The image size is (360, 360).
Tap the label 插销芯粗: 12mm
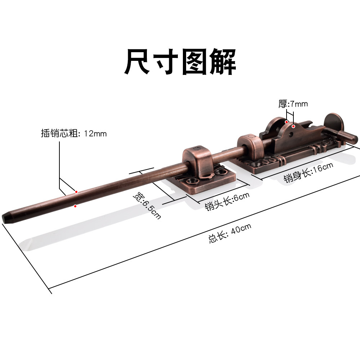coord(74,134)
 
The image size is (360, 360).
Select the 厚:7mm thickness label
coord(293,104)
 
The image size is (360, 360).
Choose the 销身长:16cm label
coord(308,172)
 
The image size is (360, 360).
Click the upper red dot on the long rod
coord(76,192)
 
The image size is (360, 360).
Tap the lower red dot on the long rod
coord(75,206)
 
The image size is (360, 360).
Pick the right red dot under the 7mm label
coord(294,126)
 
